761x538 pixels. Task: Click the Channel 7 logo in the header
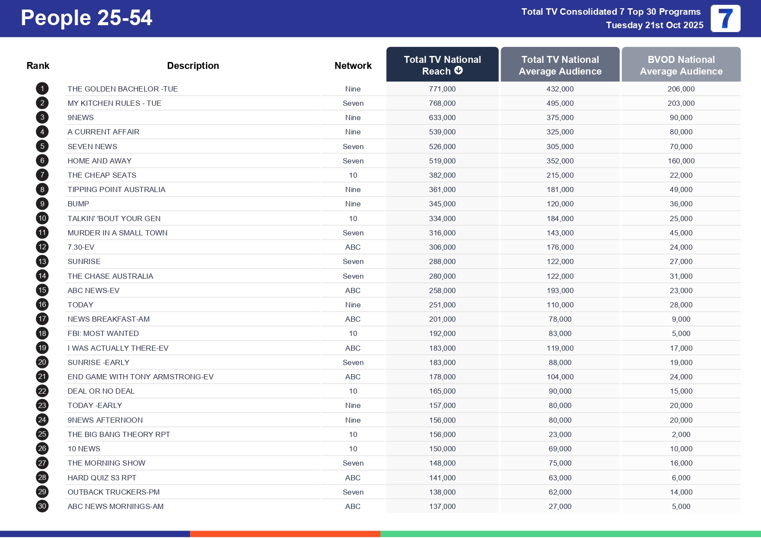coord(725,19)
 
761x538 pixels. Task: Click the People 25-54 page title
coord(86,18)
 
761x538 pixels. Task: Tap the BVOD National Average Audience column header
coord(681,65)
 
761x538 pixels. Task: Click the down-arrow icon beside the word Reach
coord(459,71)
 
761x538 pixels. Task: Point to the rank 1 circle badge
coord(42,89)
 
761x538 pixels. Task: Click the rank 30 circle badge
coord(42,506)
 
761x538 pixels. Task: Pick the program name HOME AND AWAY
coord(99,161)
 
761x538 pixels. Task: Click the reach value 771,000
coord(442,89)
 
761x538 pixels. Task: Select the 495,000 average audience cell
coord(560,103)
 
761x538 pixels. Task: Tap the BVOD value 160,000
coord(681,161)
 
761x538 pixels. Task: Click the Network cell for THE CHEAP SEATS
coord(353,175)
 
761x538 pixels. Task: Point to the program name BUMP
coord(78,204)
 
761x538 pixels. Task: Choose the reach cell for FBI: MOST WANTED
coord(442,333)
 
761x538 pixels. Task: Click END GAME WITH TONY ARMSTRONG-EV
coord(140,377)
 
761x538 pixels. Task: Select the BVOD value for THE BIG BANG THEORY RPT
coord(681,434)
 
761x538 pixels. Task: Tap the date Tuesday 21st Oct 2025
coord(654,25)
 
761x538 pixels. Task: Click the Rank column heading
coord(38,65)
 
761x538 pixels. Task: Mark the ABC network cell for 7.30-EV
coord(353,247)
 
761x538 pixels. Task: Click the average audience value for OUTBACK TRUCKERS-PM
coord(560,492)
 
